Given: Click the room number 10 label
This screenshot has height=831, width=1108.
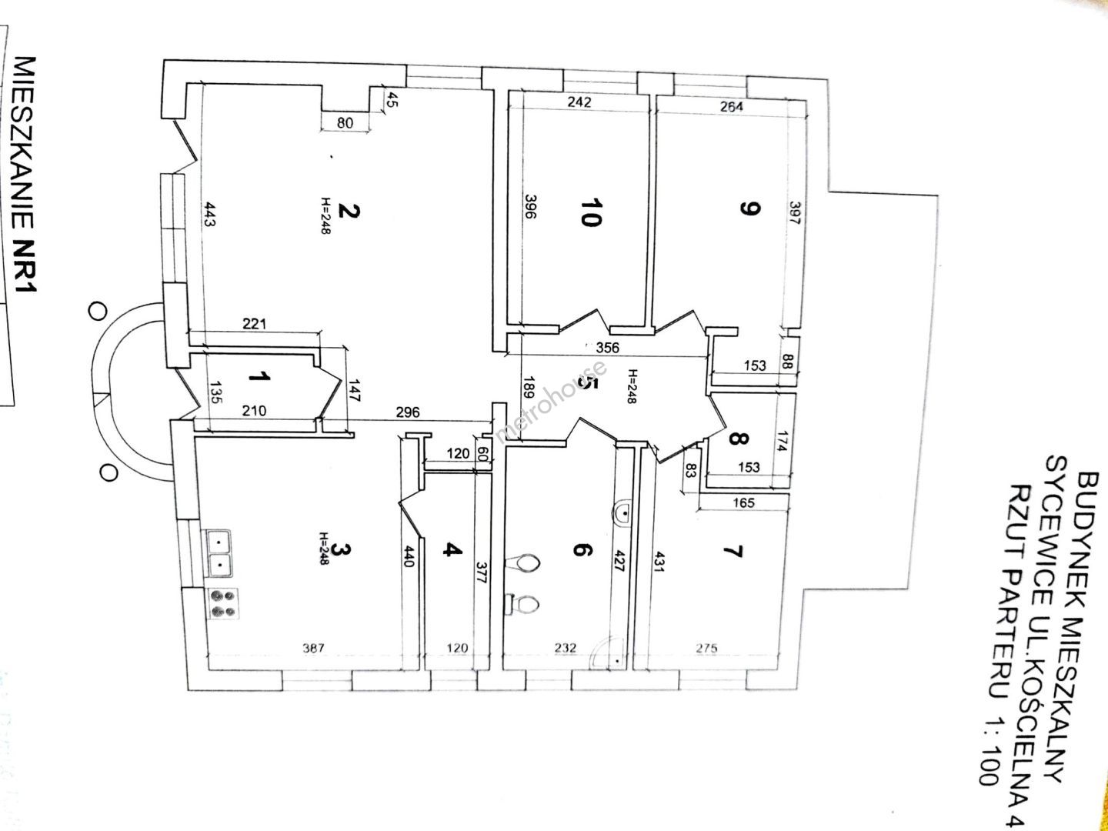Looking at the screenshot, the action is [x=591, y=212].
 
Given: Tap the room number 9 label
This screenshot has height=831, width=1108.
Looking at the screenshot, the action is [x=749, y=209].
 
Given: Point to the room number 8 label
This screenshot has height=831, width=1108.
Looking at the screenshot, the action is [x=739, y=439].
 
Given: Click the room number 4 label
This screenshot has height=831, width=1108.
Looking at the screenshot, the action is [x=452, y=549].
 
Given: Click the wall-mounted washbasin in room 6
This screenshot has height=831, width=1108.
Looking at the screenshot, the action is [x=622, y=513].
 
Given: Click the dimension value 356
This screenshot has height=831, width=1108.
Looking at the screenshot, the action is [x=607, y=348].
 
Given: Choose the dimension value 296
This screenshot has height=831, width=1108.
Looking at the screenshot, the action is [x=408, y=412].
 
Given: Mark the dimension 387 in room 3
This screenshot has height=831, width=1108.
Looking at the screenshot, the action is [x=313, y=648].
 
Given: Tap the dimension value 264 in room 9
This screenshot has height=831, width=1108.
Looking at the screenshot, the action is [x=732, y=106].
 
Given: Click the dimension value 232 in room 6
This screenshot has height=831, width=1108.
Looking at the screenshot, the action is [x=565, y=648].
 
